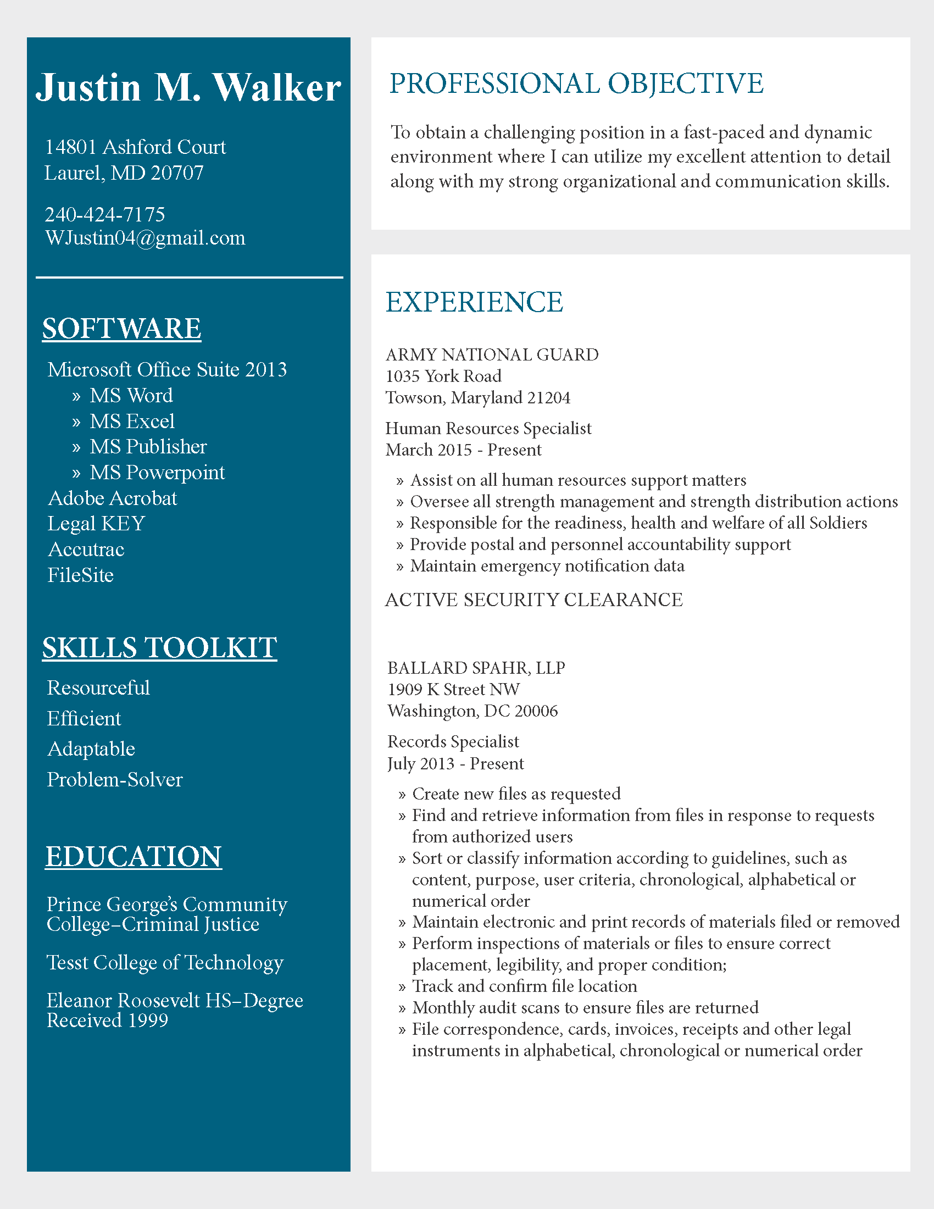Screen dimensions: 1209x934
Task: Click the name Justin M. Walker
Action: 188,88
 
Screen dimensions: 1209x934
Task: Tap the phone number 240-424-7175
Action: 104,214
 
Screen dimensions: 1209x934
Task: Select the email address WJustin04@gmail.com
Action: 145,238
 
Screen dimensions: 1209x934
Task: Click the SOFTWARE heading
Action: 122,329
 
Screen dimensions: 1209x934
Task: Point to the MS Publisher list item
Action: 148,447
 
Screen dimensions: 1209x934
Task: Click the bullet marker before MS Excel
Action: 76,423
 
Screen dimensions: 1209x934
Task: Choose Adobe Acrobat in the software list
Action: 112,498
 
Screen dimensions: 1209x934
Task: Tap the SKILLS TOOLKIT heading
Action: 159,648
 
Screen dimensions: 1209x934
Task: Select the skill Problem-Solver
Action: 114,779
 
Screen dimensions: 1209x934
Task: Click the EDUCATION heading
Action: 134,856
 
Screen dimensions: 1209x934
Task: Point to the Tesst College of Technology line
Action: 165,963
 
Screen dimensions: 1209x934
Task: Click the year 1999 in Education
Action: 148,1021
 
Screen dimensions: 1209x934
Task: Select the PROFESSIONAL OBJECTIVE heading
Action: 576,84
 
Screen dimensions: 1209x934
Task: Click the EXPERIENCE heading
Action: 474,302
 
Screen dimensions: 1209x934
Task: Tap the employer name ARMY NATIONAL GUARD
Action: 492,354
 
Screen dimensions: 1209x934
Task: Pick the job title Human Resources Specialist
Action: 488,428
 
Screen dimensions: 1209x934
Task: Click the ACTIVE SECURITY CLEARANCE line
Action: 534,600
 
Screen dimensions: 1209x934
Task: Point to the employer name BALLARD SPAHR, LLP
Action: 476,668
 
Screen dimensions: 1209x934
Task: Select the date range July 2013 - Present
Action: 455,764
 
